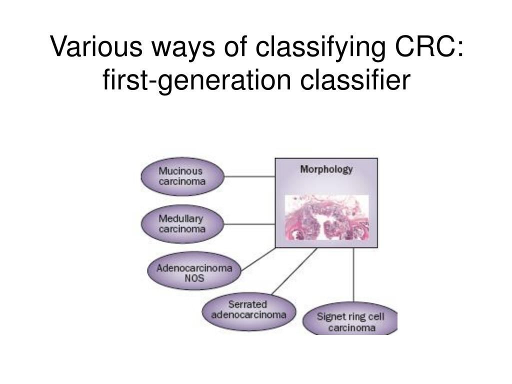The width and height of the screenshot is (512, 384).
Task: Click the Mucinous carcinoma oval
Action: click(x=182, y=176)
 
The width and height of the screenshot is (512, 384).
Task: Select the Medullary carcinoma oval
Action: click(x=182, y=224)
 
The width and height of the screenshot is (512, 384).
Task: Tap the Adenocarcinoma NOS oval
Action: click(x=194, y=273)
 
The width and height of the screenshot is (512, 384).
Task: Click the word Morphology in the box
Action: click(x=326, y=169)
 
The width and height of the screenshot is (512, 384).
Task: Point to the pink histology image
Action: click(x=326, y=218)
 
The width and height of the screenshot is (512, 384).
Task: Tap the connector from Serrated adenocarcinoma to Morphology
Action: click(x=294, y=271)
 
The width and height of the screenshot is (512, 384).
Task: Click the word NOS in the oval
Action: click(x=194, y=278)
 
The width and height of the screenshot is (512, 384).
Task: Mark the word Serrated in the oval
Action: click(x=247, y=304)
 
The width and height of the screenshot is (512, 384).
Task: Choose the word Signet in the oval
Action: click(x=331, y=316)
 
